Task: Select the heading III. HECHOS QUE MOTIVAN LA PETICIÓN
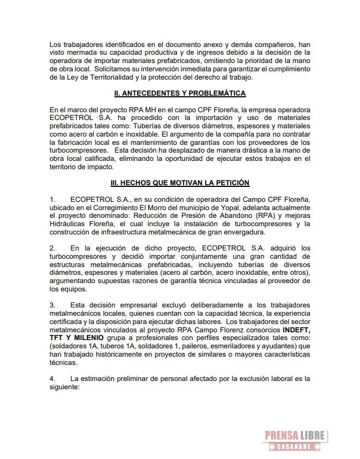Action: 180,182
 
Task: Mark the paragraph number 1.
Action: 52,198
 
